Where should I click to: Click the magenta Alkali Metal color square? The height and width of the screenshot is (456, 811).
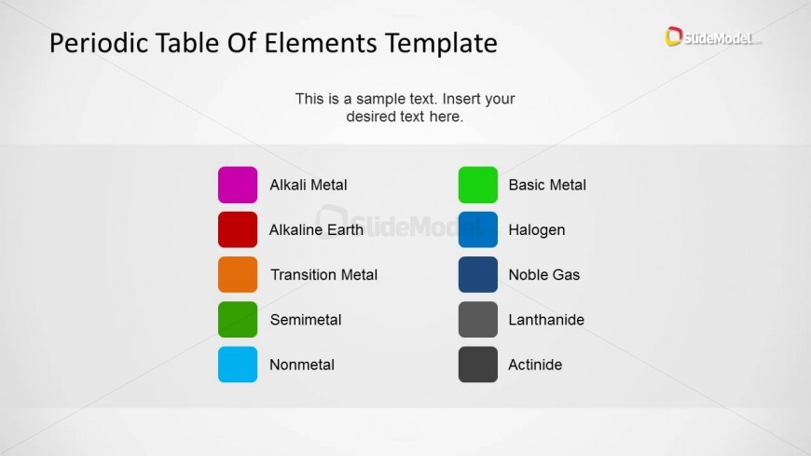click(238, 185)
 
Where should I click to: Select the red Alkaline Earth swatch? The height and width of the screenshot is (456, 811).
click(238, 229)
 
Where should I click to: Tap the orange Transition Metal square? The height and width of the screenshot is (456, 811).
click(238, 274)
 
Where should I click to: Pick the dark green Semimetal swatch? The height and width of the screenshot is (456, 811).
click(238, 319)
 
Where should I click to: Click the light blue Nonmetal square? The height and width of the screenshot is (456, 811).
click(238, 365)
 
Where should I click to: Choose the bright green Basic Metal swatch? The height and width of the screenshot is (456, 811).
click(478, 185)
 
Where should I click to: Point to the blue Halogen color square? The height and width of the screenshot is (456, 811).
click(478, 229)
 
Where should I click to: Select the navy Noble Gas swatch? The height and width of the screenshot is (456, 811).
click(478, 274)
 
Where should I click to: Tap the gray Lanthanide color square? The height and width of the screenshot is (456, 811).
click(478, 319)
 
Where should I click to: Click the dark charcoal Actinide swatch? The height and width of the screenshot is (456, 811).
click(478, 365)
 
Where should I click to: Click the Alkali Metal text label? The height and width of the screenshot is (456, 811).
click(309, 185)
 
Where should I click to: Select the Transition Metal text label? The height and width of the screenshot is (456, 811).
click(323, 275)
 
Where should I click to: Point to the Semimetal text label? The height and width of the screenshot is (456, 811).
click(306, 320)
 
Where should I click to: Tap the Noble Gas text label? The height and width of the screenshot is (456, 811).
click(544, 275)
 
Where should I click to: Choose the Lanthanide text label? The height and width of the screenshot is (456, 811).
click(546, 320)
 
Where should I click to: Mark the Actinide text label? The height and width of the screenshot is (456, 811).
click(535, 365)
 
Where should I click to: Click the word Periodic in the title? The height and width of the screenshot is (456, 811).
click(100, 43)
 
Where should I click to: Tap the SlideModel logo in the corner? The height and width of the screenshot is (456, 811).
click(713, 36)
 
